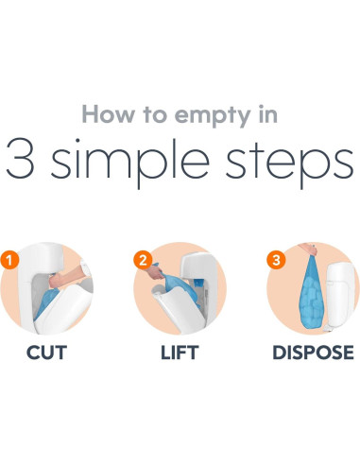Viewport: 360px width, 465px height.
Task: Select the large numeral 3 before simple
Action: coord(20,159)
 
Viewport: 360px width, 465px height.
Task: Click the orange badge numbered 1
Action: coord(9,260)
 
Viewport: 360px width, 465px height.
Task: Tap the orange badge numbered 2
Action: coord(143,260)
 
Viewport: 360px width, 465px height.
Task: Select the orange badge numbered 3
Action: coord(276,260)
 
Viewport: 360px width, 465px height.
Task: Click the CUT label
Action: coord(46,353)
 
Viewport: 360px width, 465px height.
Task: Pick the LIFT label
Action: coord(180,353)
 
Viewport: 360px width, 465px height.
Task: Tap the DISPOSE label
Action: coord(313,353)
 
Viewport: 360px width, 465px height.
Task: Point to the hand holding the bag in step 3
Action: coord(309,250)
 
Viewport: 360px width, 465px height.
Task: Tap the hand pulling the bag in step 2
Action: coord(155,272)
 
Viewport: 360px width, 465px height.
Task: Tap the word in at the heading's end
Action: coord(267,114)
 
